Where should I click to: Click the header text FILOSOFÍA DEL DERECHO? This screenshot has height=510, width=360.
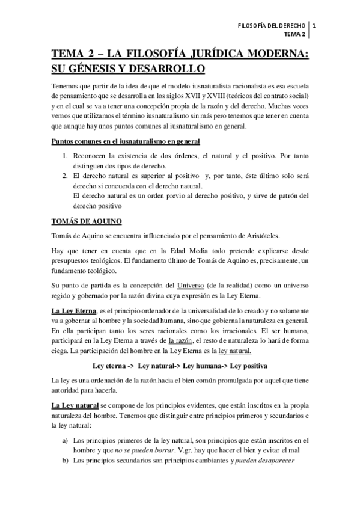click(x=272, y=25)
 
